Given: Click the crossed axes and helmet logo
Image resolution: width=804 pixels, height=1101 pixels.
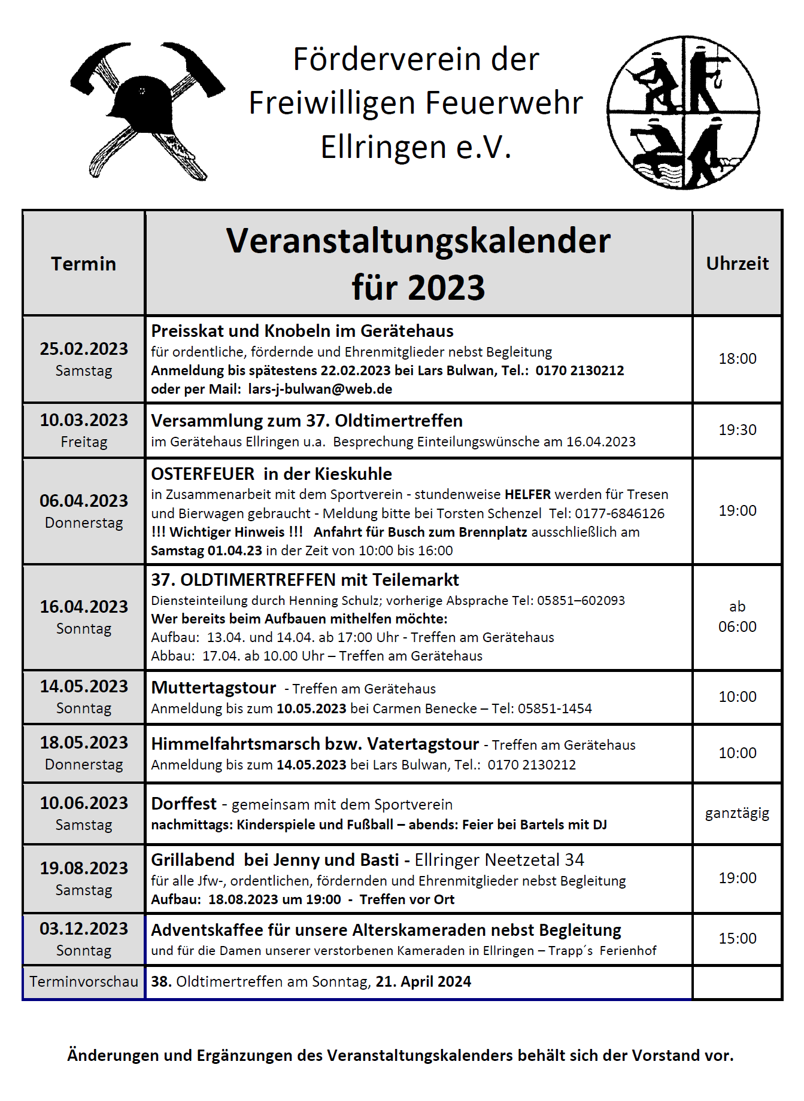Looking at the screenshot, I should click(x=147, y=111).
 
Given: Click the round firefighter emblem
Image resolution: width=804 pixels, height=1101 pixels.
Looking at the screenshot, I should click(x=683, y=112).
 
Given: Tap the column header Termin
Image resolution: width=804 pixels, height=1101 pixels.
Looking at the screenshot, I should click(x=84, y=264).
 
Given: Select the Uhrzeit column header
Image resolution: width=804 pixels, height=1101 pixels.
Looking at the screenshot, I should click(x=737, y=264).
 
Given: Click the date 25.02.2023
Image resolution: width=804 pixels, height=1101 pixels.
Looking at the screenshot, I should click(x=84, y=349).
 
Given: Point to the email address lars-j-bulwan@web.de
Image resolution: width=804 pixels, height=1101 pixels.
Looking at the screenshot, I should click(x=320, y=390).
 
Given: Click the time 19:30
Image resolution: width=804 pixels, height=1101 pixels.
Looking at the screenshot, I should click(x=737, y=430).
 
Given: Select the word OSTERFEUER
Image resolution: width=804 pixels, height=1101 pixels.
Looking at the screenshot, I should click(x=202, y=475).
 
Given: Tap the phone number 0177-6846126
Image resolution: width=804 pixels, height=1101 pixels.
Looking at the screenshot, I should click(x=620, y=514).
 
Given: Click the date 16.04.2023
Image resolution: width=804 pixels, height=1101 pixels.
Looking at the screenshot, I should click(x=84, y=607).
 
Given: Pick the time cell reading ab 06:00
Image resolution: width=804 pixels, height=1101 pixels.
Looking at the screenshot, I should click(x=737, y=617).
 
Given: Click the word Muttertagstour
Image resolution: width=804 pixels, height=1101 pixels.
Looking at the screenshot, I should click(x=214, y=688).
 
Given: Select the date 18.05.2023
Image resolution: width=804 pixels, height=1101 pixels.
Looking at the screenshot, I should click(x=84, y=743).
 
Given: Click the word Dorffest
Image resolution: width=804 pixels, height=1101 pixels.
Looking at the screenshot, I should click(x=184, y=804).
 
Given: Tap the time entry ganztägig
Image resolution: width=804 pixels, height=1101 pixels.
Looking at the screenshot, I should click(x=737, y=814).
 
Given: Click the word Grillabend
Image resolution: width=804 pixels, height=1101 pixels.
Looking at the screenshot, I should click(x=193, y=860).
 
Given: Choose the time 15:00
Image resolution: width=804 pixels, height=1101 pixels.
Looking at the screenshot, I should click(x=737, y=939).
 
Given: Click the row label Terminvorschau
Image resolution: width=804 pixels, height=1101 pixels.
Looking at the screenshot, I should click(x=84, y=982).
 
